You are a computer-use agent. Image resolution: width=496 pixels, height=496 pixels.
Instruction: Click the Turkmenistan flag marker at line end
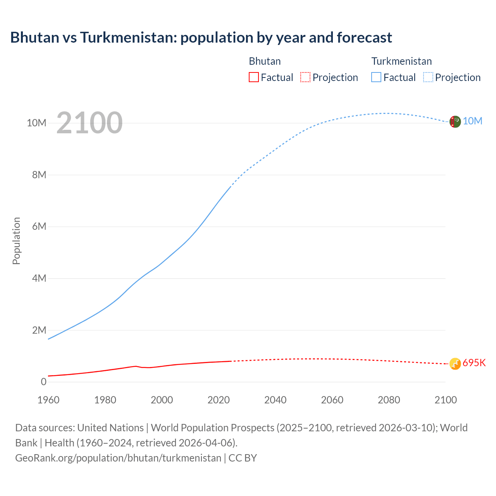pyautogui.click(x=455, y=122)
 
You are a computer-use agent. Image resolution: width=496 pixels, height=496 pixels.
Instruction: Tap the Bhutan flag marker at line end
pyautogui.click(x=455, y=364)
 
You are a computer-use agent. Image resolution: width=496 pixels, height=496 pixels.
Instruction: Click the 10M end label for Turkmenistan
pyautogui.click(x=472, y=121)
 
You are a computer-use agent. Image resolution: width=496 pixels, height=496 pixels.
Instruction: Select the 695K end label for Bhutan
pyautogui.click(x=474, y=363)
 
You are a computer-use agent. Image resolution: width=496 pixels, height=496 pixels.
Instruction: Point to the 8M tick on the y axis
pyautogui.click(x=39, y=175)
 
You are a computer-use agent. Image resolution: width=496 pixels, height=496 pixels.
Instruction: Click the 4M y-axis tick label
pyautogui.click(x=39, y=278)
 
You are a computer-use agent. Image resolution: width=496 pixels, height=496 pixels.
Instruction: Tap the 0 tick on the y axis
pyautogui.click(x=43, y=382)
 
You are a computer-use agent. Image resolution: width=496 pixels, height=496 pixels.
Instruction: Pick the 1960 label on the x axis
pyautogui.click(x=48, y=400)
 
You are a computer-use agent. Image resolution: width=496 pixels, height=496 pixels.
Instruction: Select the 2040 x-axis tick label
pyautogui.click(x=276, y=400)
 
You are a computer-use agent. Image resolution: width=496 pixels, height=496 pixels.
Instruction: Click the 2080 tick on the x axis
pyautogui.click(x=389, y=400)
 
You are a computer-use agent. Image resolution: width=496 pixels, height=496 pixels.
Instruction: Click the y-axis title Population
pyautogui.click(x=16, y=241)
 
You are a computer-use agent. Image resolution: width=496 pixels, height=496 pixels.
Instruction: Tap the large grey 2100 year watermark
pyautogui.click(x=90, y=123)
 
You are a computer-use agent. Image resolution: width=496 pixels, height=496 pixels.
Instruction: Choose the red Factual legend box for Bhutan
pyautogui.click(x=254, y=77)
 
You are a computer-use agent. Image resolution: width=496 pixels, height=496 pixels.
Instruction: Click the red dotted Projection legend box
pyautogui.click(x=305, y=77)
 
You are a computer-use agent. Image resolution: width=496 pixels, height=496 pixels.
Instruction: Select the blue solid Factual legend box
pyautogui.click(x=376, y=77)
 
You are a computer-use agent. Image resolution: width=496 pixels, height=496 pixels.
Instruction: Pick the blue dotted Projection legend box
pyautogui.click(x=428, y=77)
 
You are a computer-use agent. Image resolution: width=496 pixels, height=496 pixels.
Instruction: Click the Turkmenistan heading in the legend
pyautogui.click(x=401, y=61)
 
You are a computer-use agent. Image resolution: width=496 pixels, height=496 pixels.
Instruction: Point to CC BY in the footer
pyautogui.click(x=243, y=458)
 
